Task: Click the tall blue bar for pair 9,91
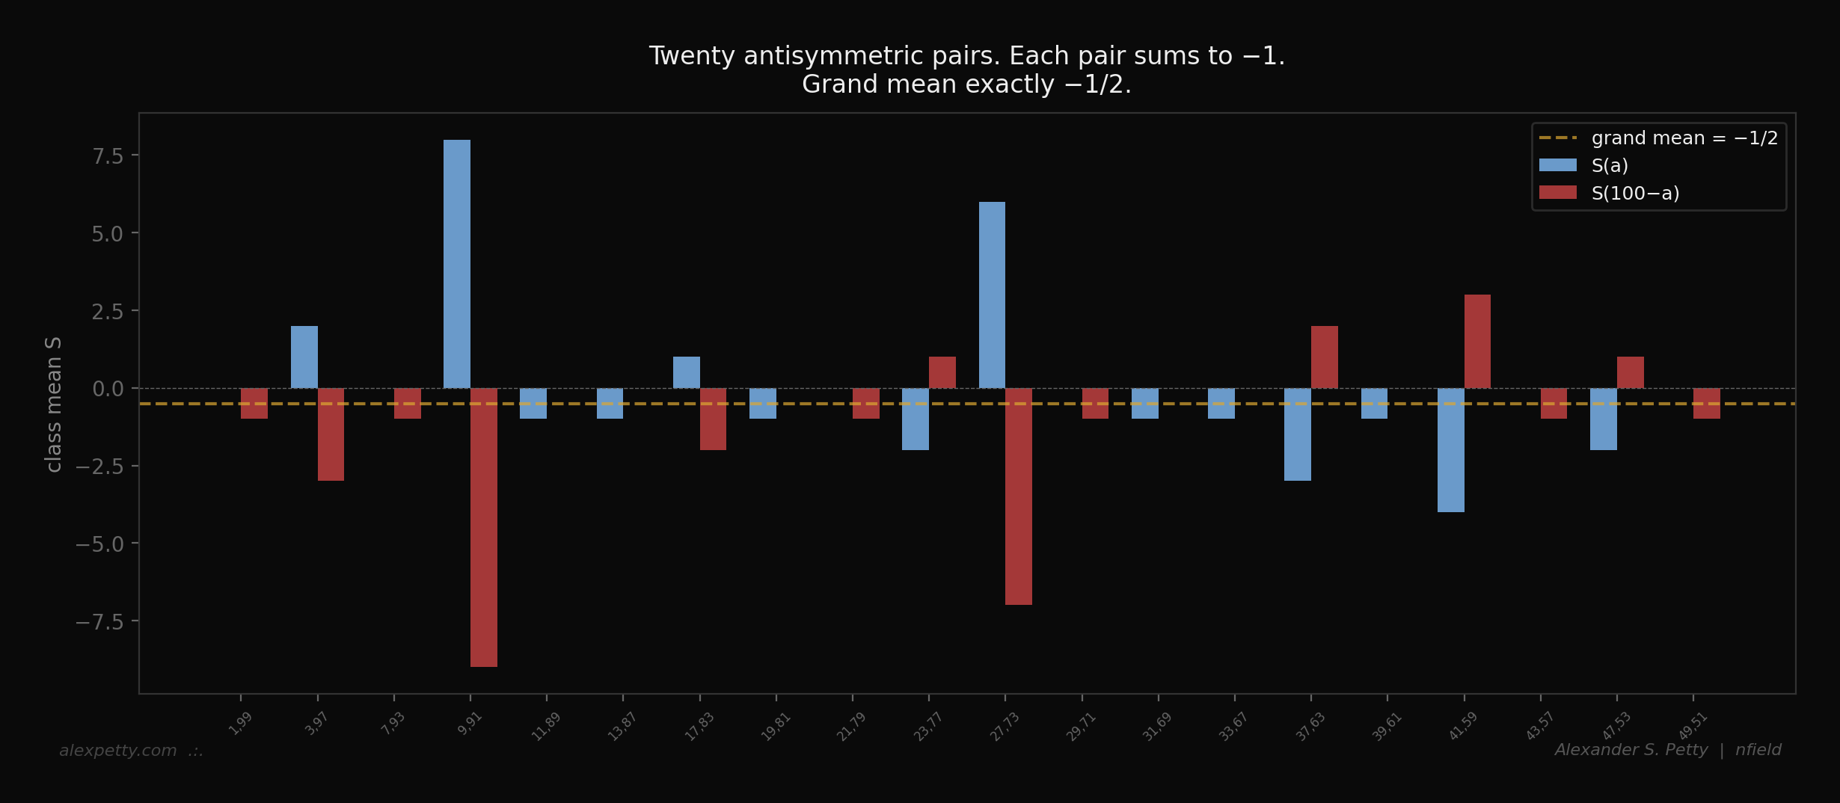click(456, 263)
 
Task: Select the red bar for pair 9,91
click(484, 527)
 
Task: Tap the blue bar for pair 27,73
click(992, 295)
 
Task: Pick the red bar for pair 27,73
click(1019, 496)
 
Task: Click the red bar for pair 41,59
click(1477, 341)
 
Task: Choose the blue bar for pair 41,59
click(1450, 450)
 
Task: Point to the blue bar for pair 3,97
click(304, 357)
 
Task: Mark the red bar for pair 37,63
click(1324, 357)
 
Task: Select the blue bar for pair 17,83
click(686, 372)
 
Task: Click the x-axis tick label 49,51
click(1693, 726)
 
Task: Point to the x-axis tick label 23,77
click(927, 727)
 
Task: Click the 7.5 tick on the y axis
click(107, 156)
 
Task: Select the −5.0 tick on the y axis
click(99, 544)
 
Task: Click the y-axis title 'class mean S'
click(53, 404)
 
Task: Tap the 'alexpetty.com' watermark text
click(118, 751)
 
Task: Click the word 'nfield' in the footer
click(1758, 750)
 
